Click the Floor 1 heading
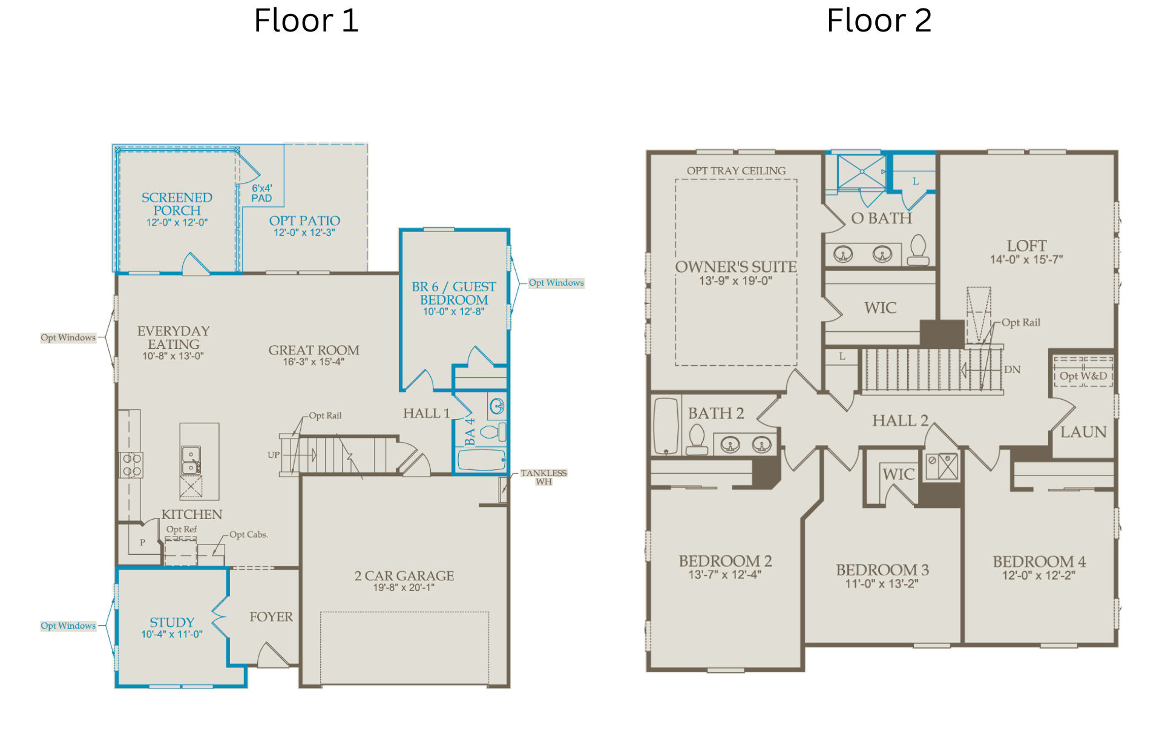(306, 21)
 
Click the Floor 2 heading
(879, 21)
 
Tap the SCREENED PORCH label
(177, 204)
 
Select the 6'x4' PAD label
(262, 193)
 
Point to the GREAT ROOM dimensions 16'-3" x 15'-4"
(313, 362)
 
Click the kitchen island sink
(191, 460)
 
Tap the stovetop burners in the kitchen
(131, 465)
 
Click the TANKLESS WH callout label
(543, 477)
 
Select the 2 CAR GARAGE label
(404, 575)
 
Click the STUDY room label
(172, 622)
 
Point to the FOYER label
(271, 617)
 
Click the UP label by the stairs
(274, 455)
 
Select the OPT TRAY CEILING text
(736, 171)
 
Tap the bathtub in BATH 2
(666, 426)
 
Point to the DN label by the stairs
(1013, 369)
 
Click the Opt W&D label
(1083, 375)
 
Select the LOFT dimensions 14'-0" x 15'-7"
(1026, 259)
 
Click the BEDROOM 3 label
(882, 570)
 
